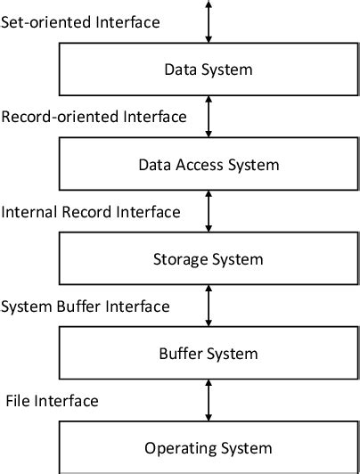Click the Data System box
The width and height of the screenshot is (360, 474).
tap(209, 69)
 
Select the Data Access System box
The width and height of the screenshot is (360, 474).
tap(209, 164)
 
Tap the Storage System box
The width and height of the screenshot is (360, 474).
tap(209, 259)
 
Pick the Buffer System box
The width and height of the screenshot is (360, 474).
tap(209, 354)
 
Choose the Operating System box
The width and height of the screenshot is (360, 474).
tap(209, 447)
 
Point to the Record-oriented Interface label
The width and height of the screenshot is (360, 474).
tap(94, 116)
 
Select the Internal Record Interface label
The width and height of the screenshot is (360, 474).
tap(92, 211)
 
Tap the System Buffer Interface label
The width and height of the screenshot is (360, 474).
tap(86, 306)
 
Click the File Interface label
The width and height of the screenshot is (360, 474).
tap(52, 400)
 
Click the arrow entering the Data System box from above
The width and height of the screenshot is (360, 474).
tap(209, 21)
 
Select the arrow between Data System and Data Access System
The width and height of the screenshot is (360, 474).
tap(209, 116)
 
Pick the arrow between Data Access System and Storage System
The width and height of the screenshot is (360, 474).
tap(209, 211)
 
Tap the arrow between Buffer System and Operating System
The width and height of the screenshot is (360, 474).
tap(209, 400)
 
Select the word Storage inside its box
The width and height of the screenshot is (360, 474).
tap(182, 260)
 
